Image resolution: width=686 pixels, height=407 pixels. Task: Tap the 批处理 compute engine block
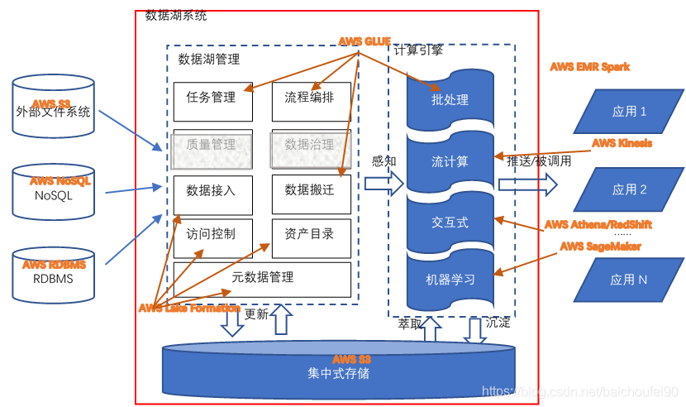[450, 100]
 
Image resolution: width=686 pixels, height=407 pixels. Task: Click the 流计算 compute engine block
[450, 161]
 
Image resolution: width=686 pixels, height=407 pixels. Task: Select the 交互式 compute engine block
[450, 223]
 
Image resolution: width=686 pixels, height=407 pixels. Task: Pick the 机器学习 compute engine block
[450, 280]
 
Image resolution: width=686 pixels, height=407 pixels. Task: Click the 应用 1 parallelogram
[629, 112]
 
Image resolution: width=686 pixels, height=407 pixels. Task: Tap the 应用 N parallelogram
[629, 280]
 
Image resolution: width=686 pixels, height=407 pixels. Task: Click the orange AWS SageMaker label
[600, 246]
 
